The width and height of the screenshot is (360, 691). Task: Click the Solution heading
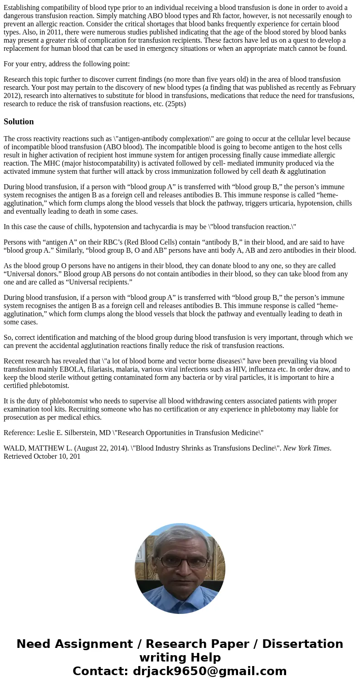click(19, 122)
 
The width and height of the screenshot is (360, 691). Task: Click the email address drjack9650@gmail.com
click(209, 671)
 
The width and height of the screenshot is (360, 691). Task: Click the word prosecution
click(20, 417)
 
